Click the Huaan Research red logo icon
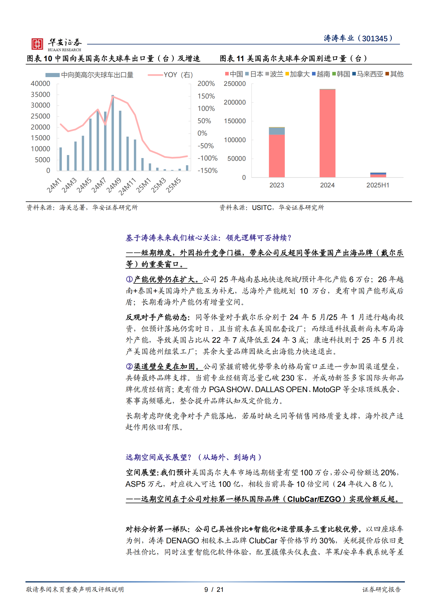[x=37, y=44]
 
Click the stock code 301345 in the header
[x=375, y=39]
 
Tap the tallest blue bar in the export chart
[x=113, y=133]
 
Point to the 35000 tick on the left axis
[x=41, y=95]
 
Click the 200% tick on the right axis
[x=206, y=84]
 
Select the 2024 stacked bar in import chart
[x=327, y=133]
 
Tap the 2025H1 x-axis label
[x=378, y=185]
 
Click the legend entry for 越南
[x=321, y=74]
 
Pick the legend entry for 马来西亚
[x=368, y=74]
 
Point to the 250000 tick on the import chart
[x=235, y=84]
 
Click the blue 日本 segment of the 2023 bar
[x=277, y=131]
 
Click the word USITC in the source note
[x=262, y=208]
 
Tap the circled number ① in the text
[x=129, y=279]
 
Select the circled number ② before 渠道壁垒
[x=129, y=367]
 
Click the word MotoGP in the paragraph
[x=327, y=390]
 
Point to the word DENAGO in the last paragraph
[x=182, y=541]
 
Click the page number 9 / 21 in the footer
[x=214, y=589]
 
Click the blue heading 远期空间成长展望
[x=158, y=457]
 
